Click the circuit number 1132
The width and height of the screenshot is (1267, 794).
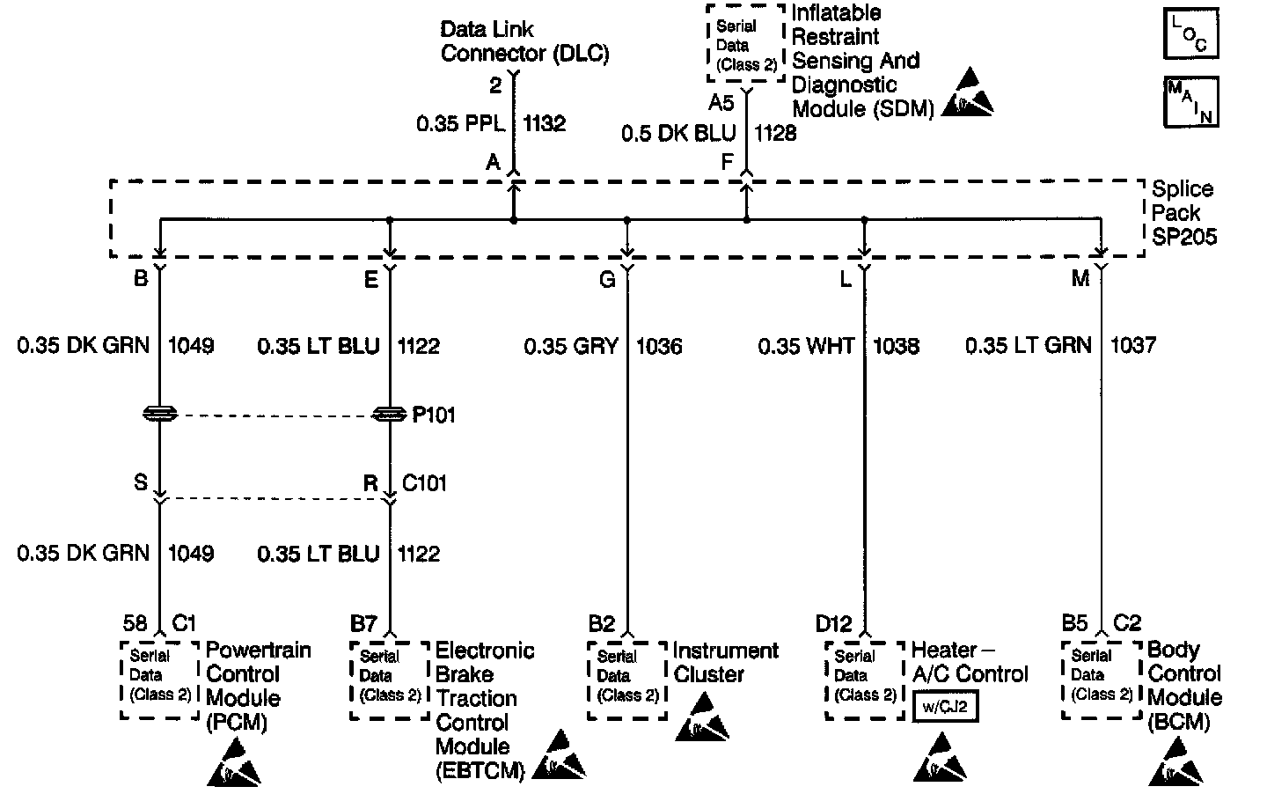point(545,124)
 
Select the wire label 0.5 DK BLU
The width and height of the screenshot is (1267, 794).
point(678,133)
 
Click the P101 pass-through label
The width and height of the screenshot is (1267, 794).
point(434,415)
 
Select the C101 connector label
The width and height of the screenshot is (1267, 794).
point(424,482)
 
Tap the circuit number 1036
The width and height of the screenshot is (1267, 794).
point(659,346)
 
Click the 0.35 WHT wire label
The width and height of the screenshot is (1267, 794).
point(806,346)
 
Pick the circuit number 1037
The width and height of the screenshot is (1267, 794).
point(1133,346)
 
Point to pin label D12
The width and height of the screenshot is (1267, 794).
point(833,624)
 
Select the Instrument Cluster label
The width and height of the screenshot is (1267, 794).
point(726,662)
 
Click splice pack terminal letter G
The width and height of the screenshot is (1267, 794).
point(607,280)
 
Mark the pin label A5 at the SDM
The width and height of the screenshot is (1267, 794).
point(721,104)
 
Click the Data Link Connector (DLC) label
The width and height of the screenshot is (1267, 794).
point(524,41)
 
